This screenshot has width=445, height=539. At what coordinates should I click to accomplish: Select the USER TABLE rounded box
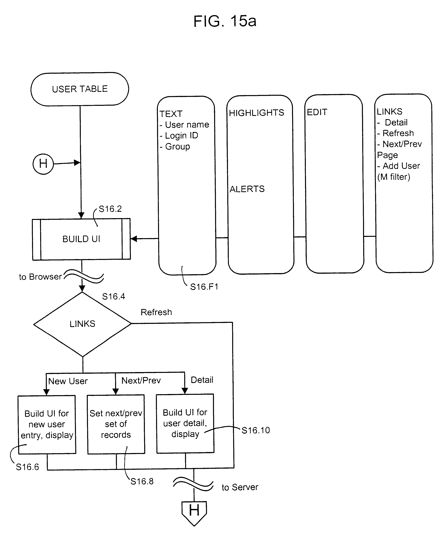point(80,89)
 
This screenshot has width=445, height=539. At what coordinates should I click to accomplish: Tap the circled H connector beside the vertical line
point(43,164)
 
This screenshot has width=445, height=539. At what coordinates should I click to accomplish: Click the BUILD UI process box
point(81,239)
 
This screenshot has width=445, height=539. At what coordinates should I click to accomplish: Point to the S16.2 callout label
point(110,209)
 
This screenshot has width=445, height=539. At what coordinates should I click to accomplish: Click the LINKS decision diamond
point(82,324)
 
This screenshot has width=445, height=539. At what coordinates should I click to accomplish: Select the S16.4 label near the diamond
point(113,296)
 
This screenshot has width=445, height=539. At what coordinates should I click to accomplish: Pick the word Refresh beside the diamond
point(156,312)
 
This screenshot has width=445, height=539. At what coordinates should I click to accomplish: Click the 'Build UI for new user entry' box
point(47,424)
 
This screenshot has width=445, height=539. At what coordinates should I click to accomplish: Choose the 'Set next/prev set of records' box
point(116,424)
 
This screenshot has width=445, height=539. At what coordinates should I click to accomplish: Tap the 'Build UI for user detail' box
point(185,423)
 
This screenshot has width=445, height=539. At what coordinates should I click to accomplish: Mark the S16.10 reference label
point(256,430)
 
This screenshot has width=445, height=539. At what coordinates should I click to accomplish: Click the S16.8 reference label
point(142,481)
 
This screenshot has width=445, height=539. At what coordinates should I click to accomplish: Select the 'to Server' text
point(240,487)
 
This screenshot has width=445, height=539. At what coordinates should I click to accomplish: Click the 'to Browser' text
point(40,277)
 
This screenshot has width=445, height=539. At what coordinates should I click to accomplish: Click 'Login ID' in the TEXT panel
point(181,135)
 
